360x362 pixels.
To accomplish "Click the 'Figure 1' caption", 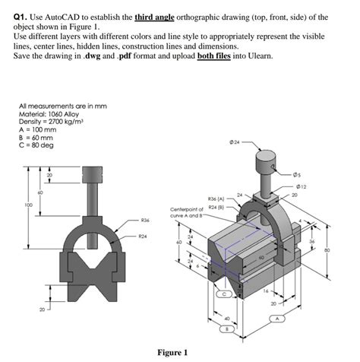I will (172, 352).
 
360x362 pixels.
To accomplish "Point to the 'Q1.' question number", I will (22, 15).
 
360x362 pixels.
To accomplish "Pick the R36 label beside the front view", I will (145, 220).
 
